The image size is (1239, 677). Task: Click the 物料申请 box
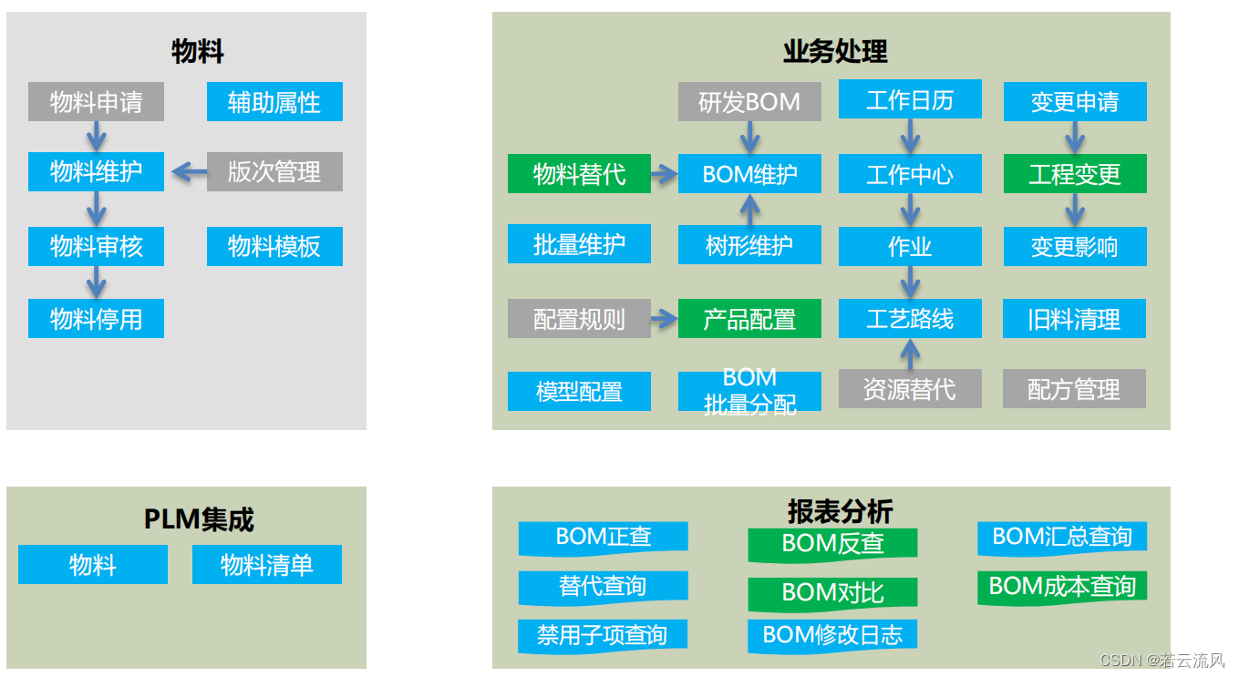[96, 101]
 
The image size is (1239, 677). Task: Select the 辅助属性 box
[274, 101]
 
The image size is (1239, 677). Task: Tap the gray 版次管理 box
[274, 171]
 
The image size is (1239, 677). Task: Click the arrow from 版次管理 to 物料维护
[189, 171]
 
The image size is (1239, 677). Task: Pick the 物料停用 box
[96, 319]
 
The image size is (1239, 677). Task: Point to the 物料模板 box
[274, 246]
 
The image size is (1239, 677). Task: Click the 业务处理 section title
[834, 52]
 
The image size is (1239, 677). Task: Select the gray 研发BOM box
[749, 101]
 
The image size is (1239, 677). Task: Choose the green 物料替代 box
[579, 173]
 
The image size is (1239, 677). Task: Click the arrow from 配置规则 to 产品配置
[665, 319]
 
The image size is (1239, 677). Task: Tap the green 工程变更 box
[1075, 173]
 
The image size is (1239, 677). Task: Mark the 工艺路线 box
[910, 319]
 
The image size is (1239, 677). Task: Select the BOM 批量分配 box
[749, 391]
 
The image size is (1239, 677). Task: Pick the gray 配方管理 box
[1074, 389]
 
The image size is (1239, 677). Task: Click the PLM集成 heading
[199, 519]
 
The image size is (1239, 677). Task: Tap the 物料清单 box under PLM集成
[267, 565]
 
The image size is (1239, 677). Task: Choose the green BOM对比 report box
[832, 592]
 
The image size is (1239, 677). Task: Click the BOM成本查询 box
[1062, 586]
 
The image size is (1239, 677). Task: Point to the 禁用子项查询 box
[603, 635]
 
